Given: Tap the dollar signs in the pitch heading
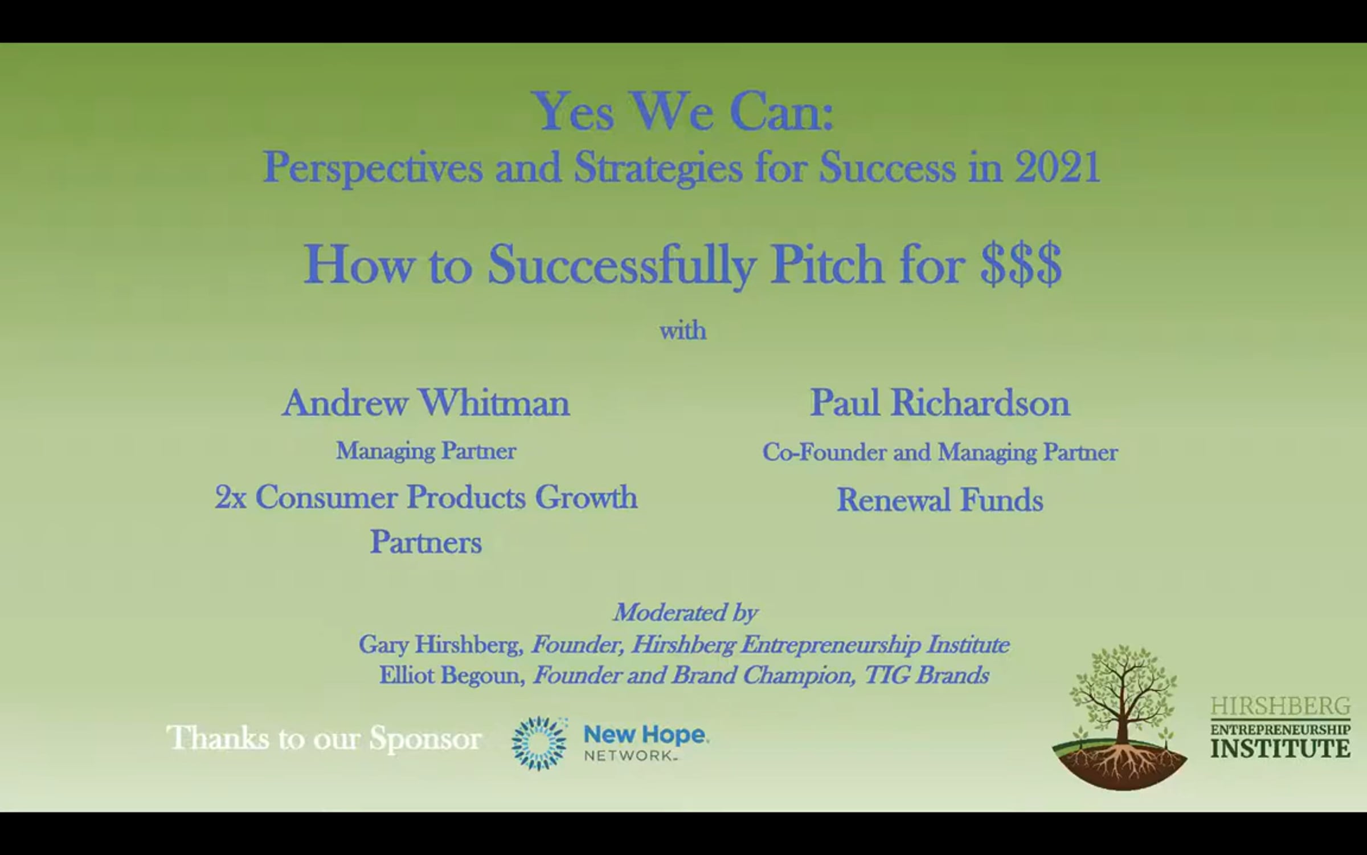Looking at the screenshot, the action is click(1021, 264).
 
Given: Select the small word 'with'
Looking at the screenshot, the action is click(683, 331).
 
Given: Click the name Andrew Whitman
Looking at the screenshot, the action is click(426, 403).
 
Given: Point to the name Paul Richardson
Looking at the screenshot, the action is click(940, 403).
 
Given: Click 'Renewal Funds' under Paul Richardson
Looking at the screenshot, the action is click(940, 500).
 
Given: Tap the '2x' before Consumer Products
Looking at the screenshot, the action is click(230, 498).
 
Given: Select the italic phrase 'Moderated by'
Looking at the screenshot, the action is click(685, 613).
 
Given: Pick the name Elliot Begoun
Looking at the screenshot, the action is click(452, 675).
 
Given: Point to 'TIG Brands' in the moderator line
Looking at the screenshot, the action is click(927, 675).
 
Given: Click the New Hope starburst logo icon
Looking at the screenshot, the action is click(539, 743).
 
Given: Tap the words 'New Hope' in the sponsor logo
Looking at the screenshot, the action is click(646, 735).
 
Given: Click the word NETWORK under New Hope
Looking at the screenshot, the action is click(628, 756).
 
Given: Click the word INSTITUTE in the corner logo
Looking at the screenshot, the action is click(1280, 747).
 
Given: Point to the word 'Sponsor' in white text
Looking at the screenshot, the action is click(425, 739).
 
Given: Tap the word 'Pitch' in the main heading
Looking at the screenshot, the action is click(826, 264).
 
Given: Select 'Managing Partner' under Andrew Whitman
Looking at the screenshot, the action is click(426, 451).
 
